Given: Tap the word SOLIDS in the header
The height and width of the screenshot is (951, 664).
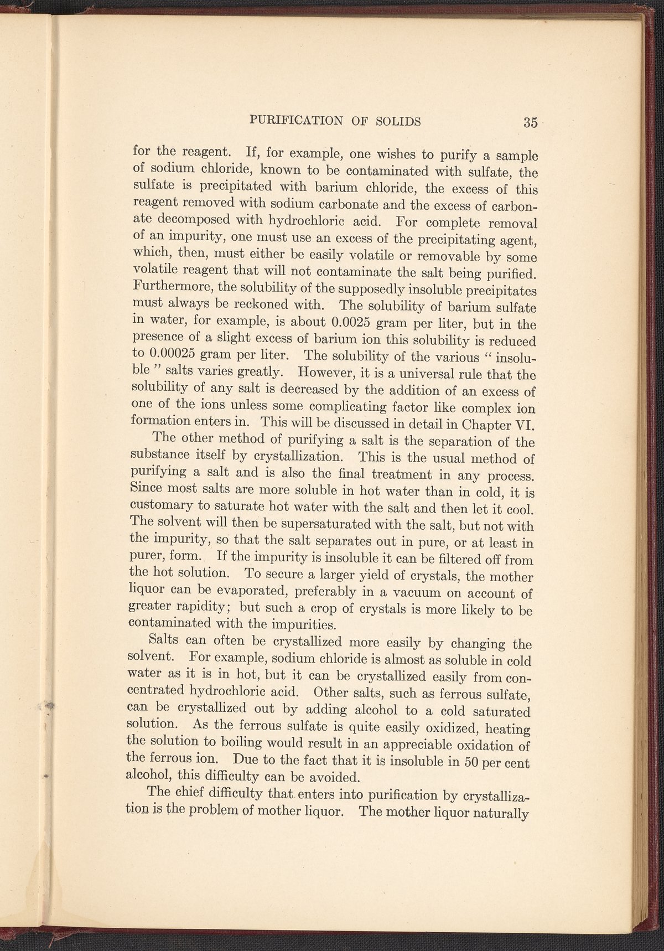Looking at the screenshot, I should pyautogui.click(x=397, y=121).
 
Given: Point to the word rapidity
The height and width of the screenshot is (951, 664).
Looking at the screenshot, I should pyautogui.click(x=193, y=608).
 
